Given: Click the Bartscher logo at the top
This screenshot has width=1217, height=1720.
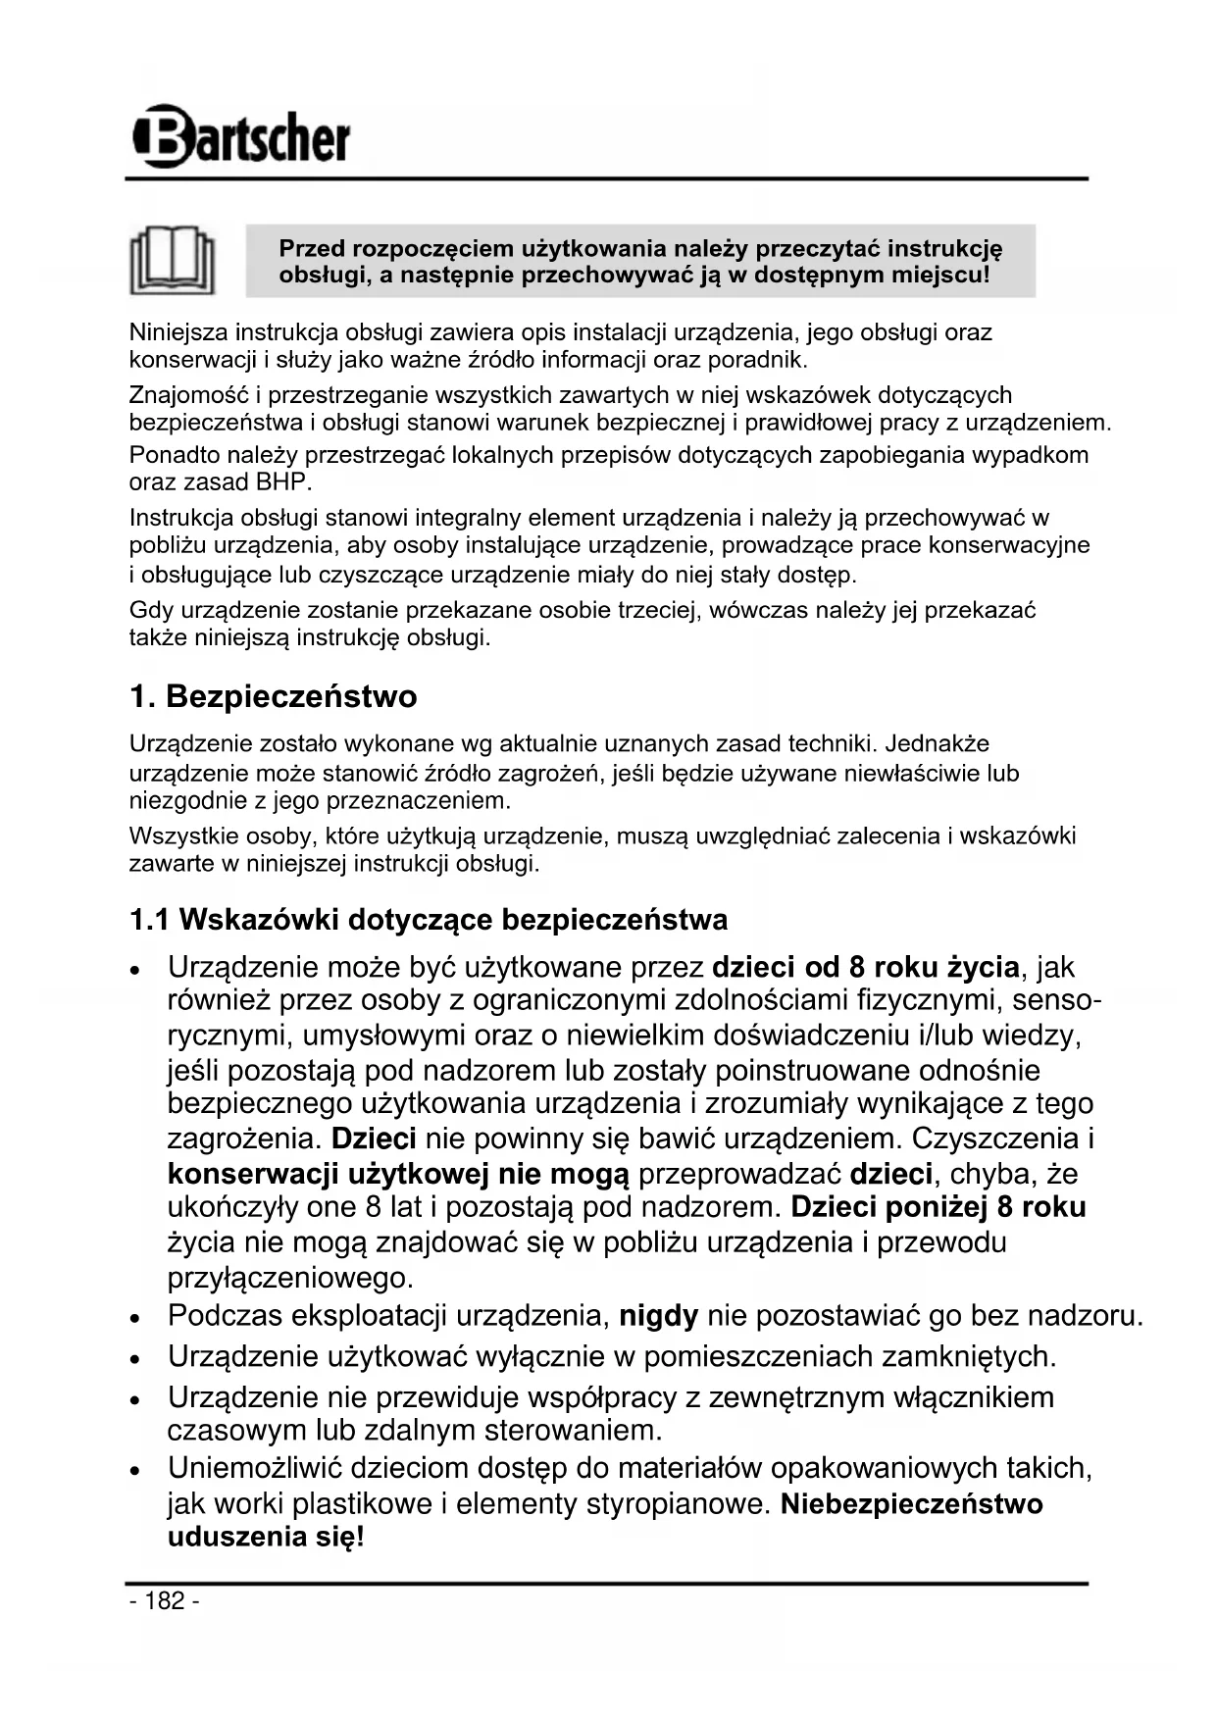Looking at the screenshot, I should click(241, 137).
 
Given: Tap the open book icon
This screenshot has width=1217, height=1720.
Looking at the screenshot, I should click(173, 261).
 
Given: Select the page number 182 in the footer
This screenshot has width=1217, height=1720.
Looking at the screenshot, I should click(164, 1600).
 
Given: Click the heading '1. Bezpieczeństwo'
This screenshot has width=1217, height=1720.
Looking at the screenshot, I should click(273, 696).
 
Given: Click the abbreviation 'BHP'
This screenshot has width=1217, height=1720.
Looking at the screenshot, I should click(282, 482).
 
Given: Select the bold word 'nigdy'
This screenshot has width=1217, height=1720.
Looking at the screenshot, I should click(658, 1315).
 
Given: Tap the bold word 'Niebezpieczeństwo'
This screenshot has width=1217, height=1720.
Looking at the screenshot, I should click(911, 1503).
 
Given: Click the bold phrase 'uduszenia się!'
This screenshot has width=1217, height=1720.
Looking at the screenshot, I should click(266, 1537).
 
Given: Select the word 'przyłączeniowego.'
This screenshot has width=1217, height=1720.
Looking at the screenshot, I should click(290, 1278).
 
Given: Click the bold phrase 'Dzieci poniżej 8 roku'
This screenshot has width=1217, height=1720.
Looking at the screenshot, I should click(938, 1207).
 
